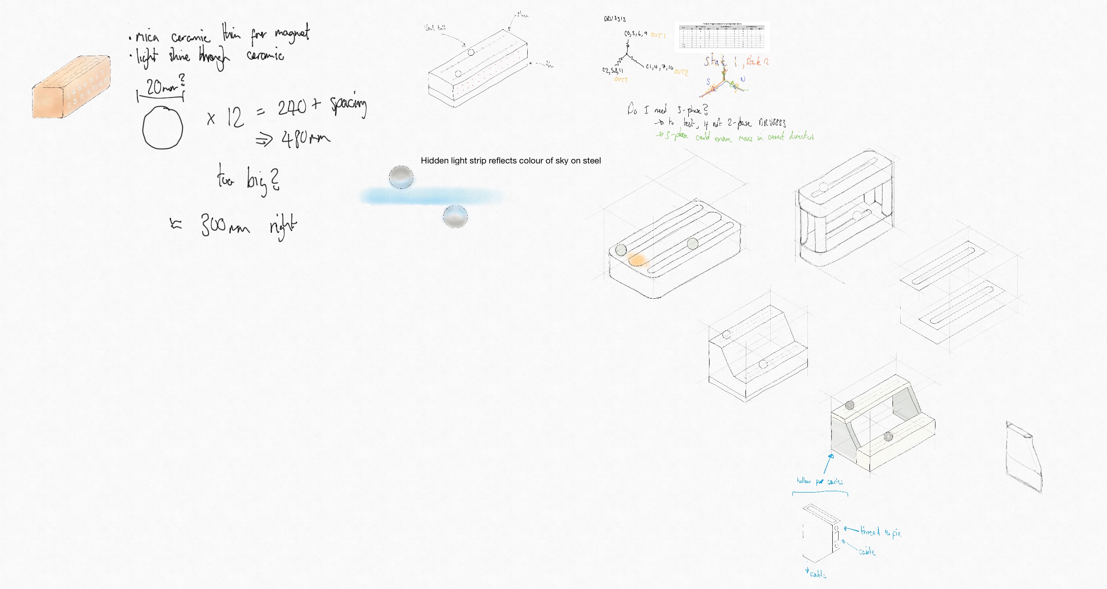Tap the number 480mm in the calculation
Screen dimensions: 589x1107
(x=306, y=139)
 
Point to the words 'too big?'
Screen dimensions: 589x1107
(x=248, y=180)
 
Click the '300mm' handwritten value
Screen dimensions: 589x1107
(x=225, y=225)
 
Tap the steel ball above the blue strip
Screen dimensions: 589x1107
(x=401, y=177)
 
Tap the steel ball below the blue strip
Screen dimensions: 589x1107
(x=455, y=216)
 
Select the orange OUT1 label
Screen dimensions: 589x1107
(x=658, y=35)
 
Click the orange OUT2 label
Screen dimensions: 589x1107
(x=681, y=72)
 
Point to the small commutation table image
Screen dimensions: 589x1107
(x=722, y=37)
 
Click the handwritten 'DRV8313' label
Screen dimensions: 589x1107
(x=615, y=19)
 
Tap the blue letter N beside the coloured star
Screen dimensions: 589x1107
(x=743, y=79)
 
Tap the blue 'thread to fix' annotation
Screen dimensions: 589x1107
(x=880, y=532)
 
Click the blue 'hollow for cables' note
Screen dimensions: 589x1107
(x=820, y=481)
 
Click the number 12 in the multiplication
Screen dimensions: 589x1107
(x=235, y=118)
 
